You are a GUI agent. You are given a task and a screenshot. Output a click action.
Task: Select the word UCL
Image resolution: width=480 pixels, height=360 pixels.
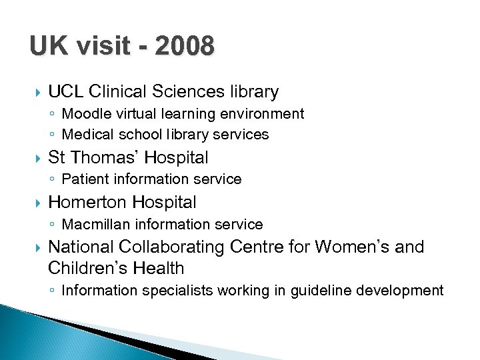coord(65,91)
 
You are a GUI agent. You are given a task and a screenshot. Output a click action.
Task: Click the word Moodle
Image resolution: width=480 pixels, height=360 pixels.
coord(83,114)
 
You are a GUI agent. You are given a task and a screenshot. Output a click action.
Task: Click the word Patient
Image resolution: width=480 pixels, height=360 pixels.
coord(81,179)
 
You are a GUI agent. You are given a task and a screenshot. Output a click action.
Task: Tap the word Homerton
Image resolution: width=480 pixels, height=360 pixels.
coord(88,202)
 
